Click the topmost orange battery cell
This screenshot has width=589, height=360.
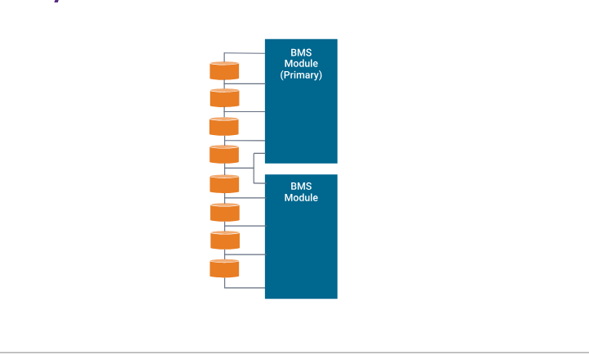pos(224,70)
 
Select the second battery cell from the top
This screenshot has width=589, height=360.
pos(224,98)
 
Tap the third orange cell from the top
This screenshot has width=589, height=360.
pos(224,126)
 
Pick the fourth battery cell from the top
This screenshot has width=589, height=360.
pos(224,154)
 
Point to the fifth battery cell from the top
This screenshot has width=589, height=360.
pos(224,183)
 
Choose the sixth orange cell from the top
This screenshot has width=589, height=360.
pos(224,212)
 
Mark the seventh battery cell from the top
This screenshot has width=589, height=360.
pos(224,240)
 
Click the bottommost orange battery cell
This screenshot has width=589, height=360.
pos(224,268)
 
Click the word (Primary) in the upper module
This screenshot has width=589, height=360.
pos(301,75)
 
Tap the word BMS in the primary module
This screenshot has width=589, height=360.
pos(301,52)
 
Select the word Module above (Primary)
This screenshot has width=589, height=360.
pos(301,64)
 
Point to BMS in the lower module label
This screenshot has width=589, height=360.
pos(301,187)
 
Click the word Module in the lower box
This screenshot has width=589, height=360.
pos(301,198)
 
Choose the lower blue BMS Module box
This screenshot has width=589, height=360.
pos(301,245)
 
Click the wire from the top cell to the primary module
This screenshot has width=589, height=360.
pos(245,53)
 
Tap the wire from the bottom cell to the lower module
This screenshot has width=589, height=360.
pos(245,288)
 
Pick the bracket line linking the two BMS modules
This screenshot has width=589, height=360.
pos(254,168)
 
